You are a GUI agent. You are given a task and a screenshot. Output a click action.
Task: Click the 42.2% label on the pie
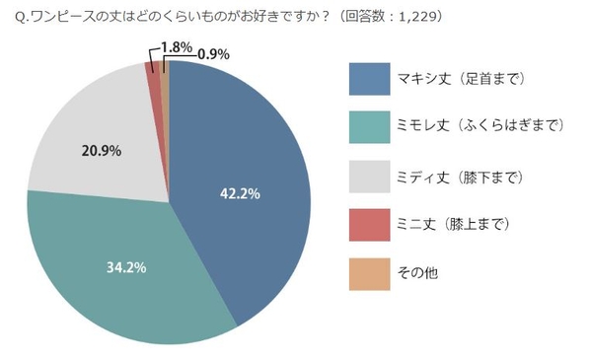click(240, 194)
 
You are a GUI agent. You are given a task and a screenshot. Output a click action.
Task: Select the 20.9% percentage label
click(99, 151)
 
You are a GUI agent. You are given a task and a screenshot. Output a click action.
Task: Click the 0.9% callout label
click(216, 53)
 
